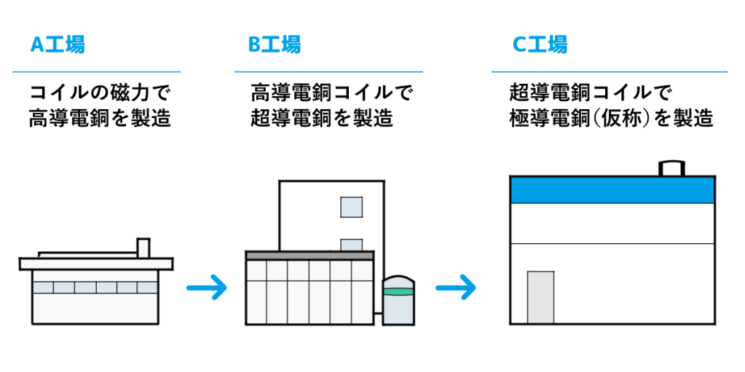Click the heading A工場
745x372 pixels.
tap(58, 45)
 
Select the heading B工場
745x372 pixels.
tap(275, 45)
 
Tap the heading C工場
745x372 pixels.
tap(540, 45)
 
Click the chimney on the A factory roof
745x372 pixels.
tap(143, 248)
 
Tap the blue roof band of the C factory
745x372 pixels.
tap(612, 189)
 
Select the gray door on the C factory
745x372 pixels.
tap(540, 297)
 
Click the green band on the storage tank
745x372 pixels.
tap(397, 292)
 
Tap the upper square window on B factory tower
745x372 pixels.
tap(351, 207)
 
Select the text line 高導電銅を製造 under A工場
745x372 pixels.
tap(100, 118)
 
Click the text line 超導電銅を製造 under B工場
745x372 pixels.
tap(321, 118)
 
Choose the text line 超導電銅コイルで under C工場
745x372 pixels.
tap(590, 93)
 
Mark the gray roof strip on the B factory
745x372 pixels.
tap(310, 256)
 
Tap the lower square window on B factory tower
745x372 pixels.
tap(351, 245)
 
